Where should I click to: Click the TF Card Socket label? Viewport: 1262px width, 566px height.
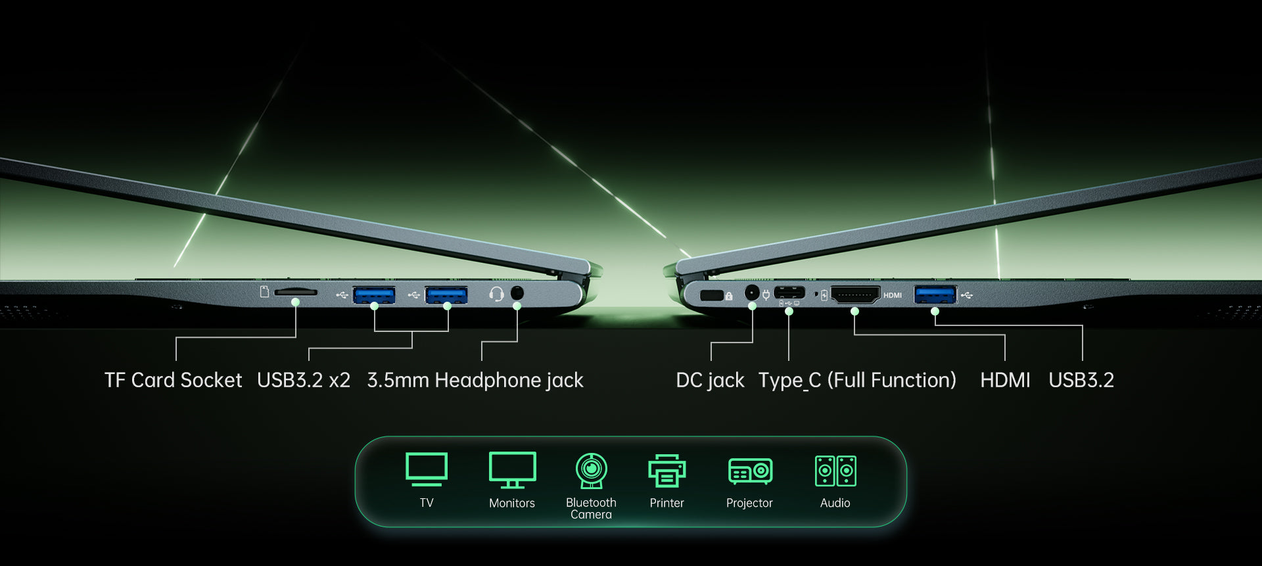[173, 380]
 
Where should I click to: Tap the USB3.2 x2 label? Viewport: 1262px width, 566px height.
[304, 380]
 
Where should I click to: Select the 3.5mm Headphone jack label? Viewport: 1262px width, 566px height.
[475, 381]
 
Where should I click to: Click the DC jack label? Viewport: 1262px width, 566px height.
[710, 381]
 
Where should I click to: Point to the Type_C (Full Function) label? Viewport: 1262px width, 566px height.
[857, 381]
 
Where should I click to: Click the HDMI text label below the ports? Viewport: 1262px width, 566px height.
[1005, 380]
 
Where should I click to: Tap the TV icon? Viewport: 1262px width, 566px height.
[427, 469]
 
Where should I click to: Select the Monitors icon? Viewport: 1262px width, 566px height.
[512, 470]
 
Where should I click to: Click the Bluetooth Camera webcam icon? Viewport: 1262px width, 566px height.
[592, 471]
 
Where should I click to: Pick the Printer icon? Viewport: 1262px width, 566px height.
[667, 471]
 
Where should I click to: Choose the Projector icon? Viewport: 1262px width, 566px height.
[750, 471]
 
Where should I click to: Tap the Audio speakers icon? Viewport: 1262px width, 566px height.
[835, 471]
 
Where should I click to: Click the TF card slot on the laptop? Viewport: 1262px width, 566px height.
[295, 292]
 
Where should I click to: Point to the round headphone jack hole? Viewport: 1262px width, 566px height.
[517, 293]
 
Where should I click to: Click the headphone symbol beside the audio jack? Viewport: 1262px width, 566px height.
[496, 294]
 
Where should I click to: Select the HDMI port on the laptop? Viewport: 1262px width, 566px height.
[855, 295]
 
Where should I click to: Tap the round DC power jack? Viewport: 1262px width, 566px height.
[752, 293]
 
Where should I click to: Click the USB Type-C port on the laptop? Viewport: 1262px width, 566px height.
[789, 293]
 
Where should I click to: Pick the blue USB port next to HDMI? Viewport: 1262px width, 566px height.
[935, 295]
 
